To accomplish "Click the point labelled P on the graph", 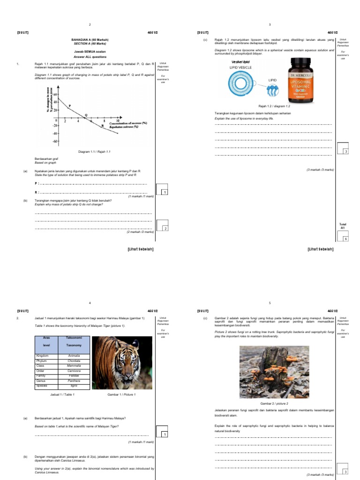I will [70, 106].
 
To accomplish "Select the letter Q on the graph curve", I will [86, 115].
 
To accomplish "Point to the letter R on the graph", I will [103, 126].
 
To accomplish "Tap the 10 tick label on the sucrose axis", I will [118, 120].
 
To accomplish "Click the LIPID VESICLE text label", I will [240, 67].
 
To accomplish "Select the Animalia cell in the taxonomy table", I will [74, 356].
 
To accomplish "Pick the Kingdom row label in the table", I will [43, 356].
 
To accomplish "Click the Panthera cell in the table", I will [74, 381].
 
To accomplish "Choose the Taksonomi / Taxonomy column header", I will [74, 341].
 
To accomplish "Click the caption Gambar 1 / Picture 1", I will [121, 395].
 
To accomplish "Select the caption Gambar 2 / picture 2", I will [274, 403].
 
